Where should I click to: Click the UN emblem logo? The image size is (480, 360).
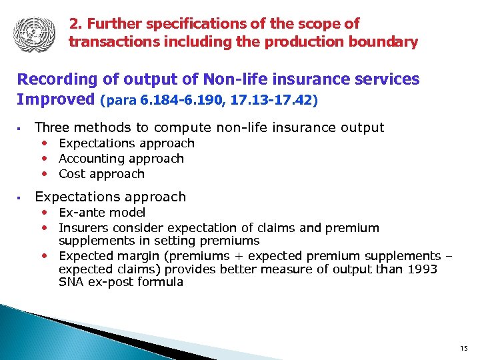coord(31,33)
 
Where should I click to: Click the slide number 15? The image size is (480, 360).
coord(464,349)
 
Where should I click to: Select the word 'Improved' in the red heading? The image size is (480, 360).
coord(56,99)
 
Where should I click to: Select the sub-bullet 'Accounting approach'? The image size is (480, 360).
coord(121,159)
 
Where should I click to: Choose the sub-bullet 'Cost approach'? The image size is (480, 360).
coord(101,174)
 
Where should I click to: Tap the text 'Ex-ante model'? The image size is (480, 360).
coord(102,213)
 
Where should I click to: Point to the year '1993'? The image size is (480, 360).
coord(421,269)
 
